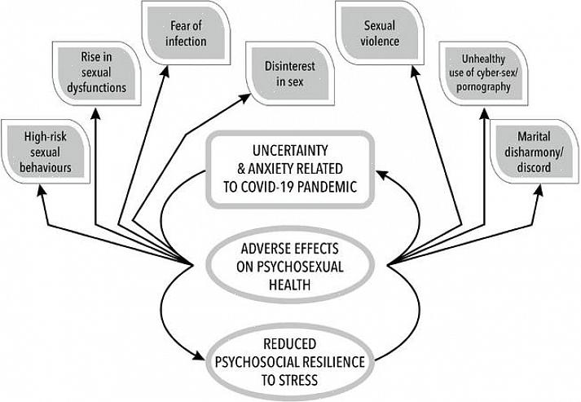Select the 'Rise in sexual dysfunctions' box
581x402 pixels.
pos(97,75)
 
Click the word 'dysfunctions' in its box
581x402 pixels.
pos(97,87)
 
